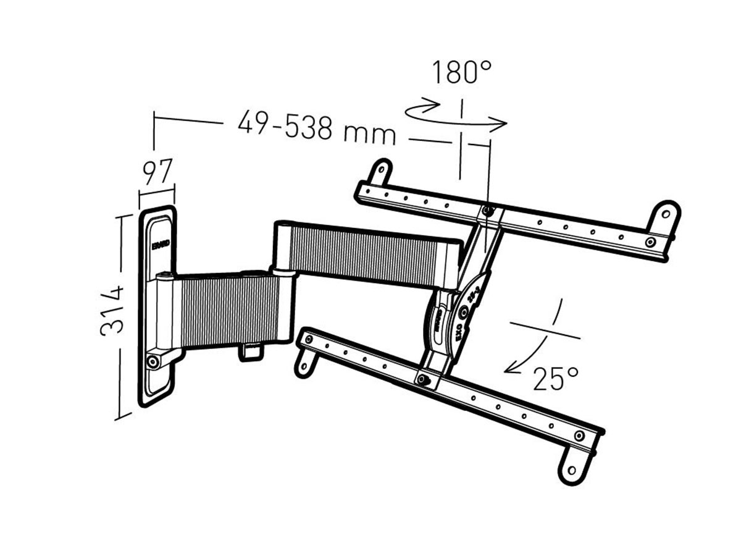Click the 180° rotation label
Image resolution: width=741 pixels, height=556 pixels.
[462, 72]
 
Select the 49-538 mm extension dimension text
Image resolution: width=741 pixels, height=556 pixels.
[316, 128]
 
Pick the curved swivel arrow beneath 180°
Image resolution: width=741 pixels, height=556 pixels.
[456, 117]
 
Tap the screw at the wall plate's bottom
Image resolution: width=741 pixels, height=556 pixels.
[152, 361]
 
